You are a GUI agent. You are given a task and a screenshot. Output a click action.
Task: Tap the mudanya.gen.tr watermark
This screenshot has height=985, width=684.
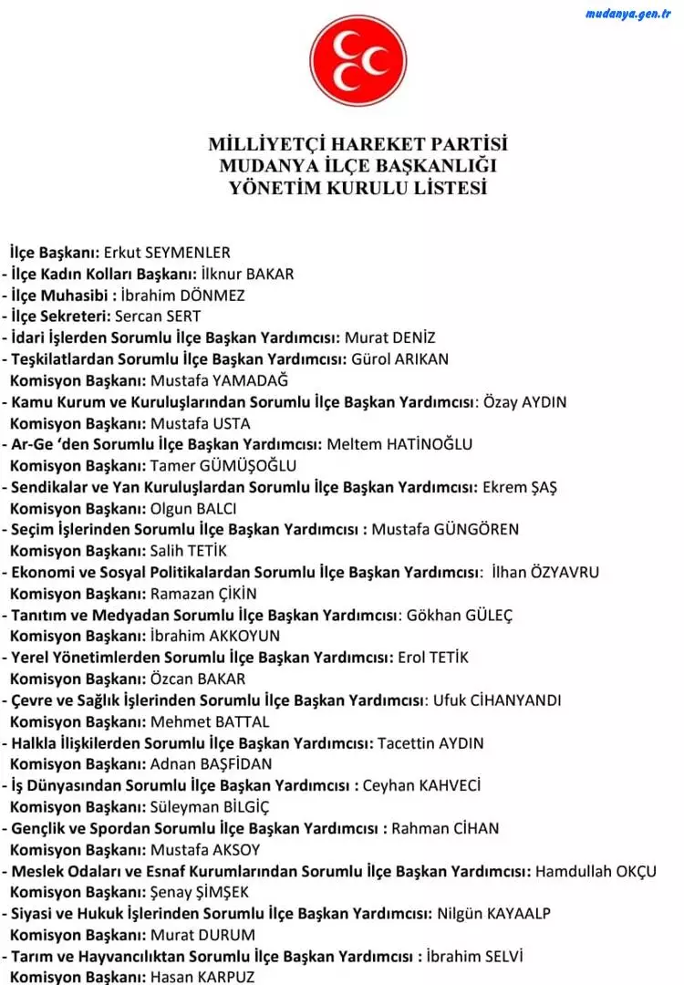coord(628,13)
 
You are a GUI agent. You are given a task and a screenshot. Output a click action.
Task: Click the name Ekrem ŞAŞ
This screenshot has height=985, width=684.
coord(520,486)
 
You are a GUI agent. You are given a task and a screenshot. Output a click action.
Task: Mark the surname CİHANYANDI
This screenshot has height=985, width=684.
coord(528,700)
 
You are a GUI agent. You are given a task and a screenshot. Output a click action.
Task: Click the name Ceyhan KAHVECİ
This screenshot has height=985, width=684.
coord(421,785)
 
